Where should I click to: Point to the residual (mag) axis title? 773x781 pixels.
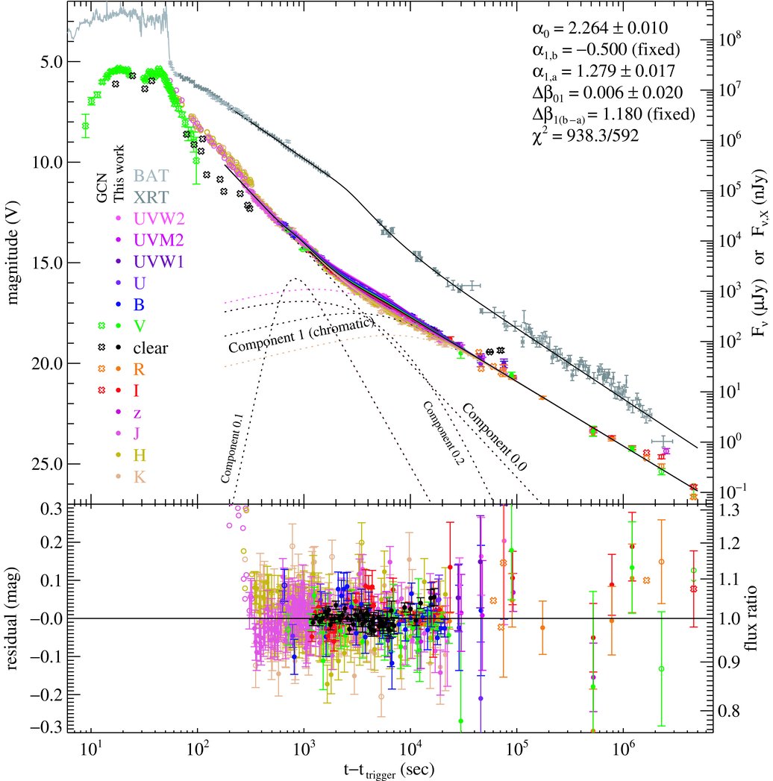(x=15, y=618)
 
